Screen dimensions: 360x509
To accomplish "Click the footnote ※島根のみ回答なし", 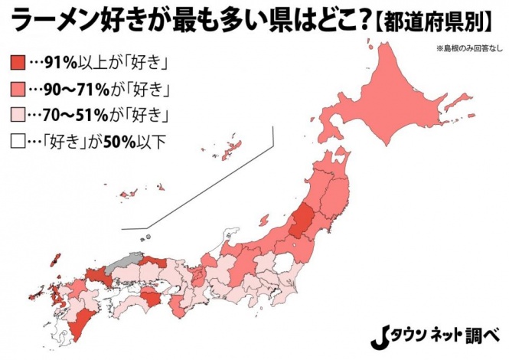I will click(x=468, y=49).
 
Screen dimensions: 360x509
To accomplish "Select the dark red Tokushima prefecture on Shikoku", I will click(x=153, y=297).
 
